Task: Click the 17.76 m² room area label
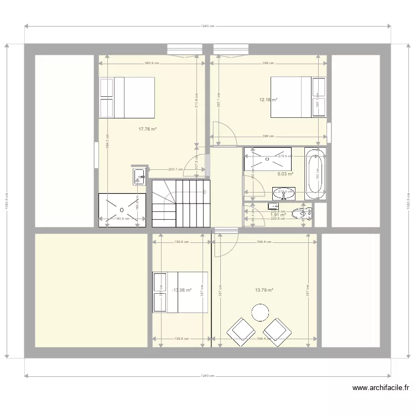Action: [147, 129]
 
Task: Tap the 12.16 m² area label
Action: [268, 100]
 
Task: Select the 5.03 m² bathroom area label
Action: [285, 174]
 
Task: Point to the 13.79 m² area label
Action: [264, 290]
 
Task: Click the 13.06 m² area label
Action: [182, 290]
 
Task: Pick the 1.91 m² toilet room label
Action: [278, 215]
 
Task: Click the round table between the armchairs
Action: [260, 313]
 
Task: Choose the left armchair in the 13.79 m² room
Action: [240, 331]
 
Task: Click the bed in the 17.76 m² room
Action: [127, 97]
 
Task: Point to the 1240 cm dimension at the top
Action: [207, 25]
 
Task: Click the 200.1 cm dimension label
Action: [175, 170]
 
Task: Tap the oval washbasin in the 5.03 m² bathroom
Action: [284, 193]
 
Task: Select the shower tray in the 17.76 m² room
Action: [122, 210]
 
